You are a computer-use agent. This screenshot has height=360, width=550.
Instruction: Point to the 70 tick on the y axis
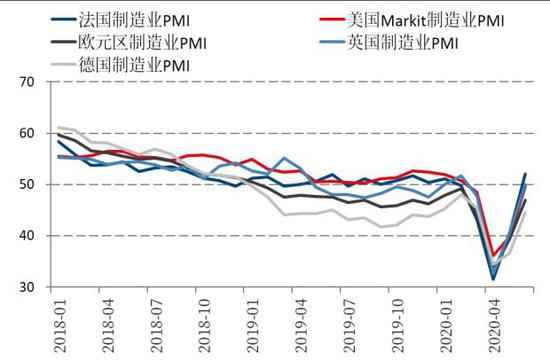27,82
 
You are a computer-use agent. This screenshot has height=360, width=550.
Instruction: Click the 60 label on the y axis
27,133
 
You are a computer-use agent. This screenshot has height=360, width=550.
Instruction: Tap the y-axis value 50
27,185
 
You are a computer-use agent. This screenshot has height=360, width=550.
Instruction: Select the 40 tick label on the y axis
27,236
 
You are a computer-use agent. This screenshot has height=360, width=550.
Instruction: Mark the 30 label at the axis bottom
27,287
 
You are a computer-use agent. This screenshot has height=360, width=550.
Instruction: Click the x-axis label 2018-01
60,326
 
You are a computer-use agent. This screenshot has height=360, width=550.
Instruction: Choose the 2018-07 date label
156,326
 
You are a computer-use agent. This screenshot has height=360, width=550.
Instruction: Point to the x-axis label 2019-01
253,326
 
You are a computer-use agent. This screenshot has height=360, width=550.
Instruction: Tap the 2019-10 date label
398,326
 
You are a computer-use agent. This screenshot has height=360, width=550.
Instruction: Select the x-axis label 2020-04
494,326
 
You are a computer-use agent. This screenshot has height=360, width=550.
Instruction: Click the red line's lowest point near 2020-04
494,255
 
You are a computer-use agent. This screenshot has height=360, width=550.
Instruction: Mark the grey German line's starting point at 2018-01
59,127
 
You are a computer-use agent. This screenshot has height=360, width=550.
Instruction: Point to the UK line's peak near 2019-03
284,158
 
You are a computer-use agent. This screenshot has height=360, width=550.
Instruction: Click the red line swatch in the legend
331,19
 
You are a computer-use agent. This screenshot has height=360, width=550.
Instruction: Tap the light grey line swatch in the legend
63,64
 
